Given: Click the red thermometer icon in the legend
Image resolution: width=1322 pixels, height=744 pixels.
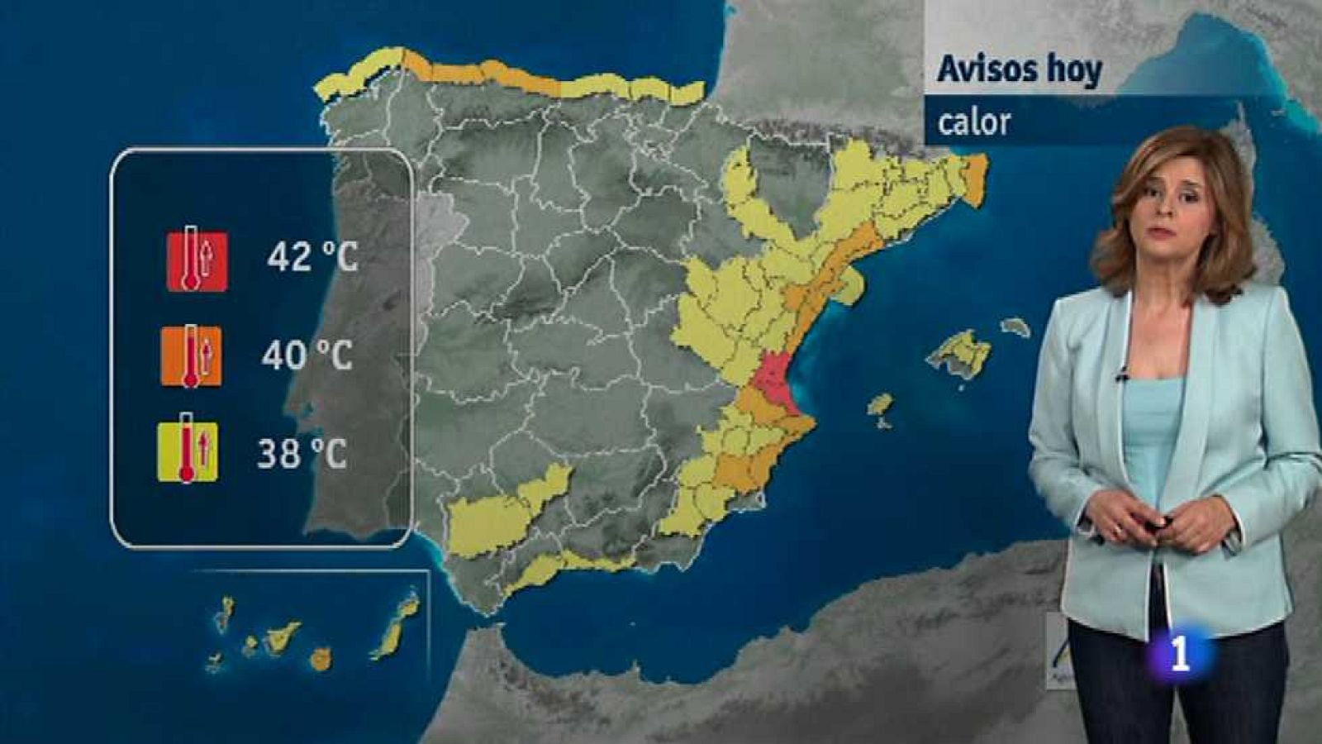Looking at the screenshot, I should (x=197, y=260).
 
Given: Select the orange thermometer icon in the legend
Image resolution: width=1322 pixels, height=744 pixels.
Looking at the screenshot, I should (x=191, y=355).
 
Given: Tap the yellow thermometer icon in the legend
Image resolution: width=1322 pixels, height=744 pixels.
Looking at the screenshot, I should (x=188, y=451).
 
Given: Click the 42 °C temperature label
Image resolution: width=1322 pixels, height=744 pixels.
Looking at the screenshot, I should (x=312, y=257).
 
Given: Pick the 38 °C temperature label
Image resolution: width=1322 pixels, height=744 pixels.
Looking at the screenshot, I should (x=302, y=453).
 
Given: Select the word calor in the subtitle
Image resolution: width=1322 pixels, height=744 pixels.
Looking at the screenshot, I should (x=973, y=122).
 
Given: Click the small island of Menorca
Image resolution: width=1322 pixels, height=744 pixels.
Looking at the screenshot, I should (x=1015, y=327).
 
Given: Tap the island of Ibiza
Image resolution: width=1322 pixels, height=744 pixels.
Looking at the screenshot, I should (x=880, y=406).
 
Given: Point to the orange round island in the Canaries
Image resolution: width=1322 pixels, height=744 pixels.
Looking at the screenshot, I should (x=321, y=658).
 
